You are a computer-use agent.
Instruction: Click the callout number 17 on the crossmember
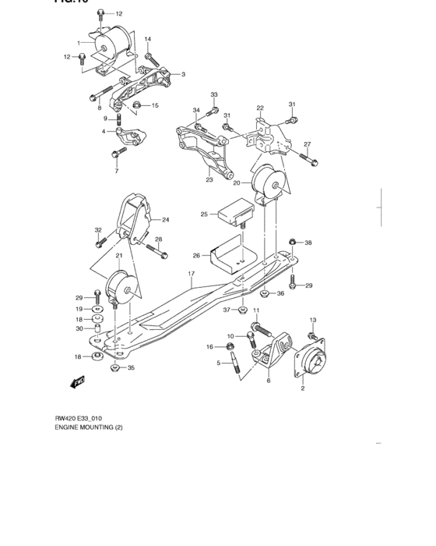189,274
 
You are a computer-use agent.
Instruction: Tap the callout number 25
204,214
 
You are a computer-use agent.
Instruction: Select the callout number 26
196,254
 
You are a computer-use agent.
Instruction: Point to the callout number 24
165,220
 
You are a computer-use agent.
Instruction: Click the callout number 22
260,108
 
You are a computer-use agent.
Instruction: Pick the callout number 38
308,243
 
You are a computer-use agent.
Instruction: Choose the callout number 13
313,320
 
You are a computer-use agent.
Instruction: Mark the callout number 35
131,367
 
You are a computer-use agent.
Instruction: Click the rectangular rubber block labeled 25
236,211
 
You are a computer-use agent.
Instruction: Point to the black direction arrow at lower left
77,382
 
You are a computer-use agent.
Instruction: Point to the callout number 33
215,95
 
